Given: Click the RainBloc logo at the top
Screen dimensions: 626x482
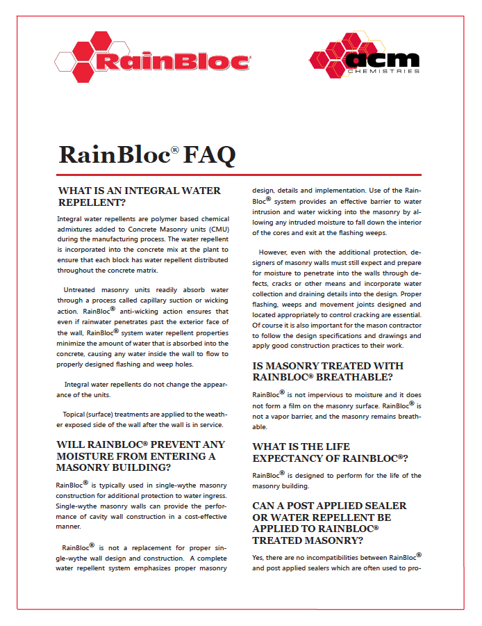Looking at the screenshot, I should pos(152,61).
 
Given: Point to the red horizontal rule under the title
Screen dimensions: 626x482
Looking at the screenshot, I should pos(240,175).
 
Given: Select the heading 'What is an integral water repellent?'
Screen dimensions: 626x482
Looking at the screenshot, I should pos(139,196).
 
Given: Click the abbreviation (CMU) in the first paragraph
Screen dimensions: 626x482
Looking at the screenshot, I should pos(216,228).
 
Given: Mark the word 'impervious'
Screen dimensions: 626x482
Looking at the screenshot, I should pos(324,395).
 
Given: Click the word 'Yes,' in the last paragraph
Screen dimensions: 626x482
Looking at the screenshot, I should pos(260,557).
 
